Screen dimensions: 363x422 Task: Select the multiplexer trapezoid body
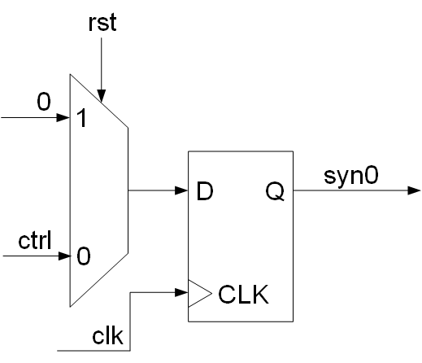99,191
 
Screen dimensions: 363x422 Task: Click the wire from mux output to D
154,191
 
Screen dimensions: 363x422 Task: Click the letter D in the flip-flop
204,192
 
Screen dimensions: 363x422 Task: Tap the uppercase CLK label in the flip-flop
244,293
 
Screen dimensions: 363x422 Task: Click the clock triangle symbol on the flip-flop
198,293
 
